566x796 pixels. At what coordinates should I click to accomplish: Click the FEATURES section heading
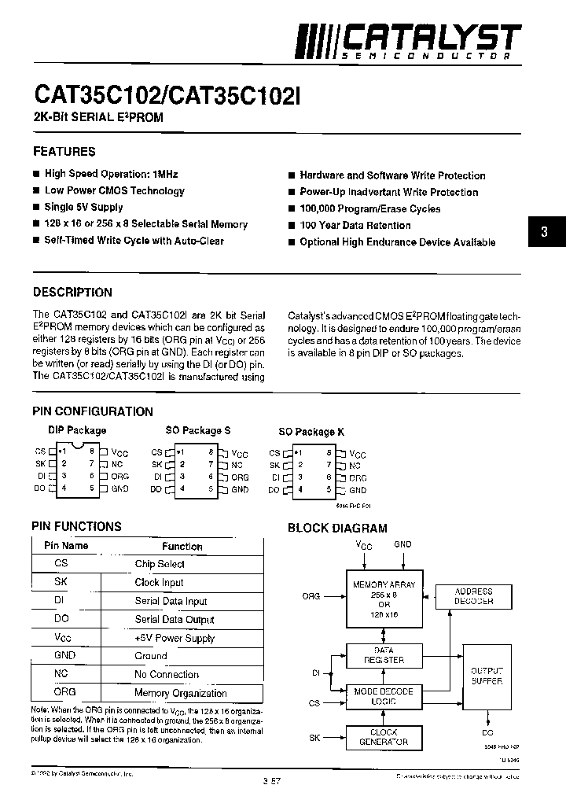[x=64, y=151]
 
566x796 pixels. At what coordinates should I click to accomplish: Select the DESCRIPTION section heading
[x=72, y=292]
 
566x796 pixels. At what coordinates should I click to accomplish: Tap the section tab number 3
[x=543, y=232]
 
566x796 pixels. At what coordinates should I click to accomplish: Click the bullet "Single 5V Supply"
[x=83, y=207]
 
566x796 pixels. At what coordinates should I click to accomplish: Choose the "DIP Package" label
[x=76, y=430]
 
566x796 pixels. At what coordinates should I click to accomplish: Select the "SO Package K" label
[x=311, y=432]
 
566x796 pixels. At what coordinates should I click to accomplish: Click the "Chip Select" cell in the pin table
[x=160, y=564]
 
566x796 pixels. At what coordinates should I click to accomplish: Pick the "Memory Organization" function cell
[x=181, y=693]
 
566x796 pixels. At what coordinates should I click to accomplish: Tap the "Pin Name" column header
[x=66, y=546]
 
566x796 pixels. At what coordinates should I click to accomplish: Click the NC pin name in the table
[x=61, y=674]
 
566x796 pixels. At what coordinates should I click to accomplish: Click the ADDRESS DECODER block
[x=473, y=596]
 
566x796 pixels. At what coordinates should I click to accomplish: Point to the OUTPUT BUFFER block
[x=486, y=676]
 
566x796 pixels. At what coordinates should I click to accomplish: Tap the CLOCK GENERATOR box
[x=384, y=737]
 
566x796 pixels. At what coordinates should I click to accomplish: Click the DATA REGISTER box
[x=384, y=656]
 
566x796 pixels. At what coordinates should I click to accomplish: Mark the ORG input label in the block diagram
[x=311, y=596]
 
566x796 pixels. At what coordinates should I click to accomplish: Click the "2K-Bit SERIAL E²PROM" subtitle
[x=98, y=118]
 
